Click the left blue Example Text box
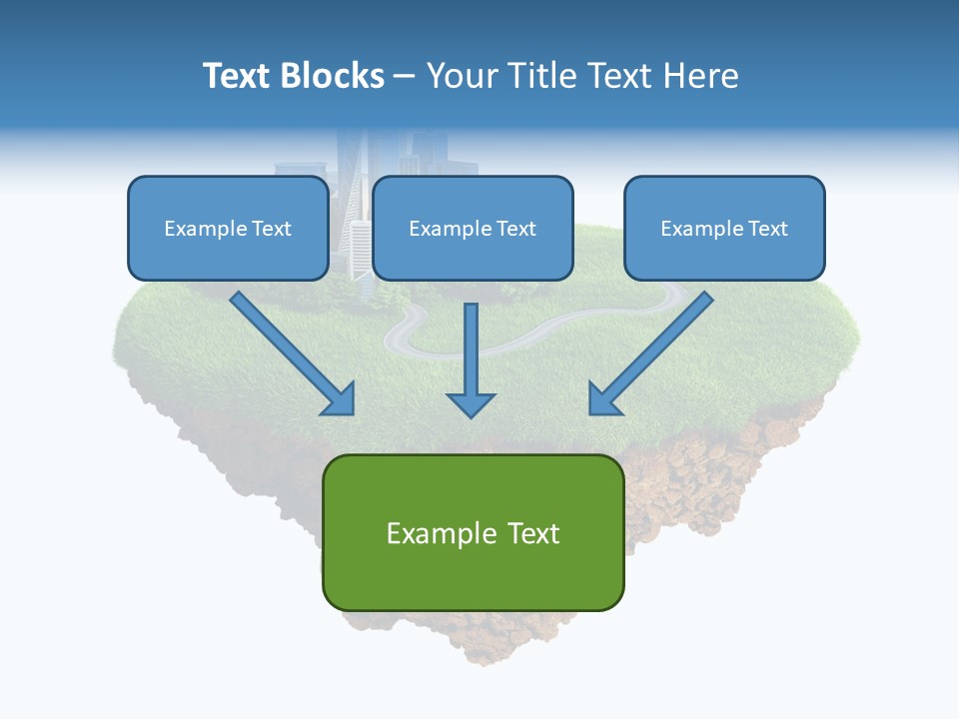pyautogui.click(x=228, y=228)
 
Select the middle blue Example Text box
pyautogui.click(x=473, y=228)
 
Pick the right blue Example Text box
pyautogui.click(x=724, y=228)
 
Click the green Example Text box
pyautogui.click(x=473, y=532)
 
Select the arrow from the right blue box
pyautogui.click(x=654, y=350)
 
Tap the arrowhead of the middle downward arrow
pyautogui.click(x=471, y=403)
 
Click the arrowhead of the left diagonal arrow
pyautogui.click(x=340, y=399)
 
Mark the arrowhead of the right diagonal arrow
pyautogui.click(x=603, y=399)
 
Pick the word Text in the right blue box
pyautogui.click(x=767, y=229)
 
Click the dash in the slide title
pyautogui.click(x=405, y=76)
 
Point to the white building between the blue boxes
pyautogui.click(x=359, y=250)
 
